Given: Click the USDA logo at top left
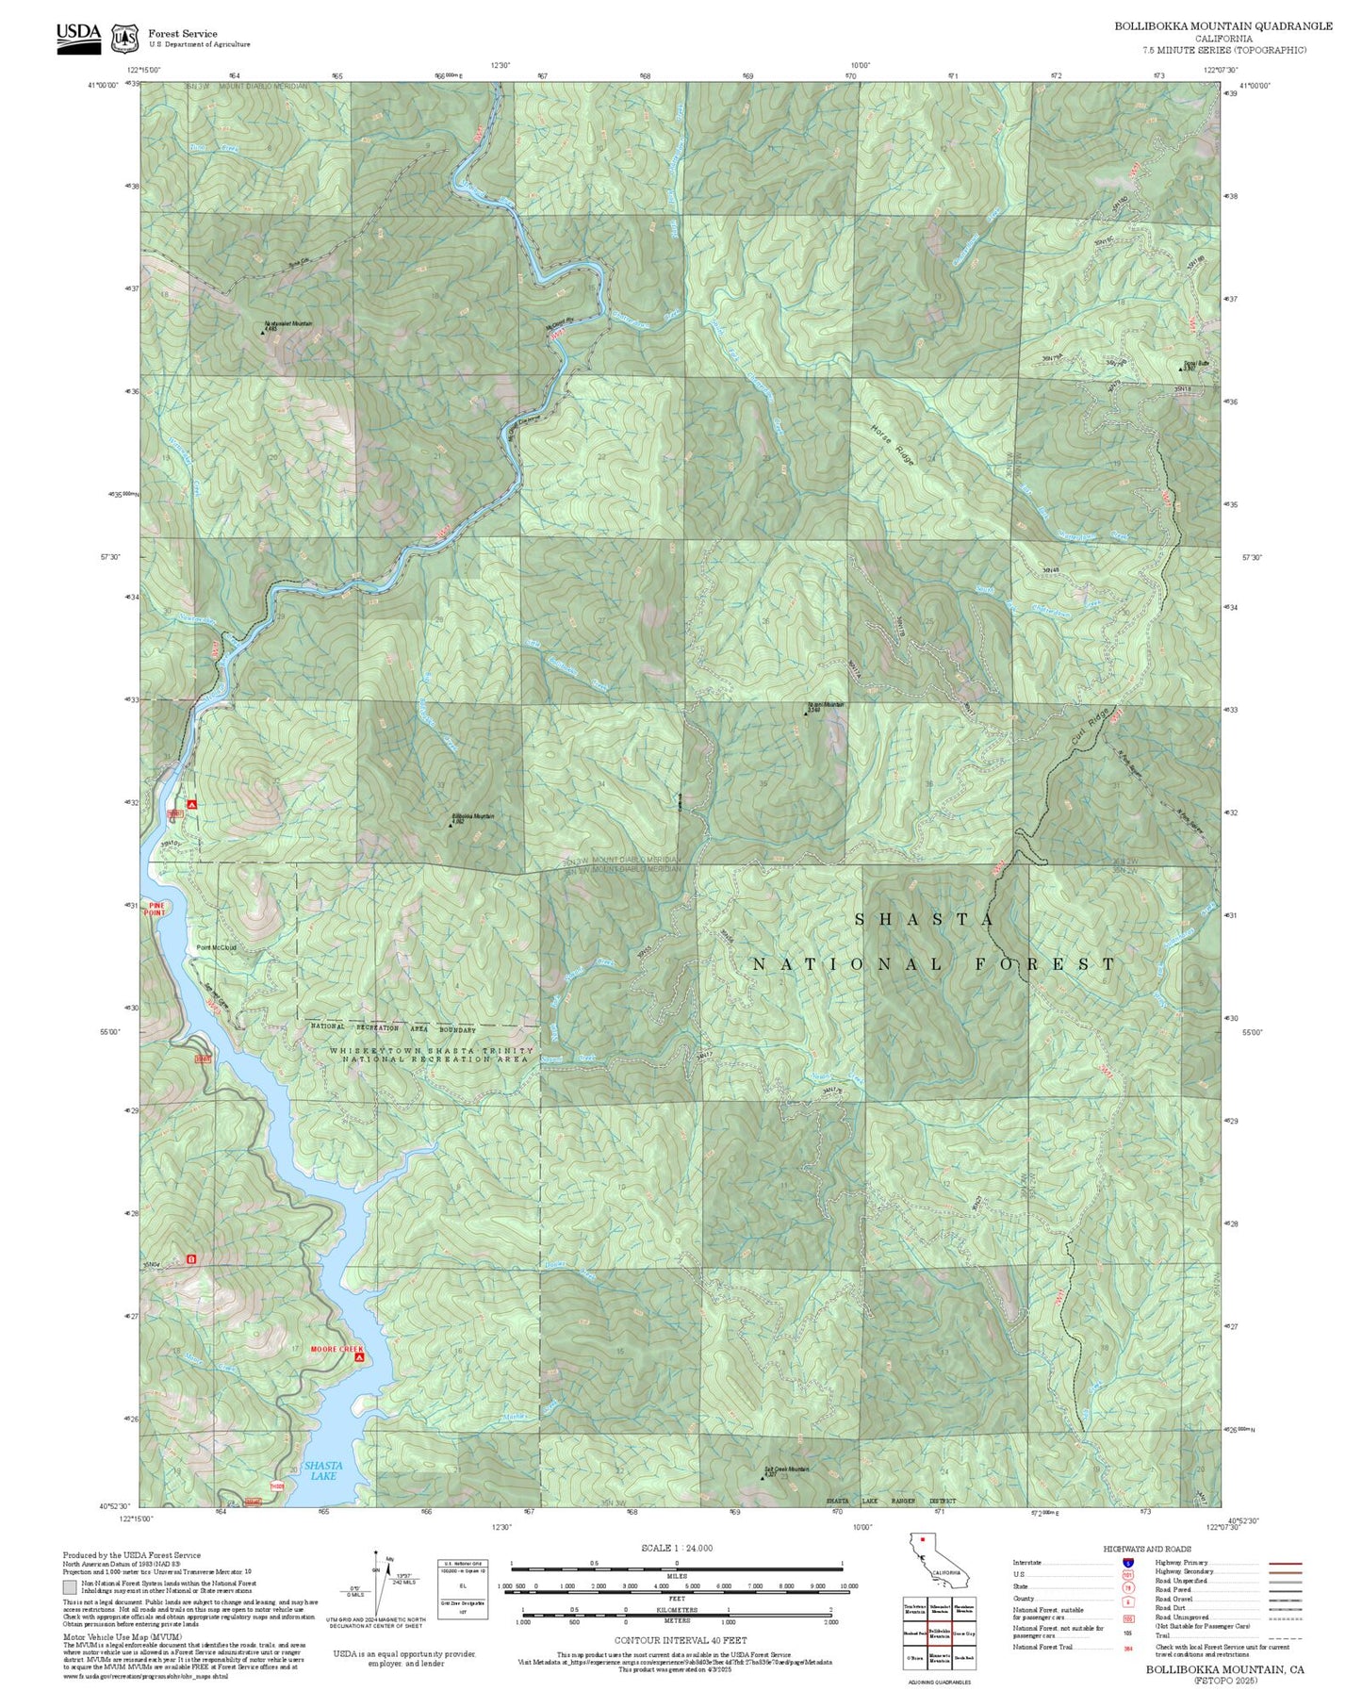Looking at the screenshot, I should click(78, 38).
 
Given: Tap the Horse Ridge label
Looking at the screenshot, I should click(892, 442).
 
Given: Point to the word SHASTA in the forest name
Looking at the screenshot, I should click(924, 919).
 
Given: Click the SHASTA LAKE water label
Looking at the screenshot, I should click(323, 1470).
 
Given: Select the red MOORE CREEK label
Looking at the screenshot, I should click(336, 1349).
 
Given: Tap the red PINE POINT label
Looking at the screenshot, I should click(155, 909).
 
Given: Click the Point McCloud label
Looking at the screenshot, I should click(216, 948).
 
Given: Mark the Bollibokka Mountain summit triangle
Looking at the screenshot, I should click(450, 825).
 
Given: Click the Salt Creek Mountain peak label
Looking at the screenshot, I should click(785, 1469).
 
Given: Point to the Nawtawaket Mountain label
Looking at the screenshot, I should click(287, 323).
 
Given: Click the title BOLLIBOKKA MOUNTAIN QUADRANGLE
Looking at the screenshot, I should click(1223, 26).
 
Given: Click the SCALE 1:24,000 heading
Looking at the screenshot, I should click(677, 1548).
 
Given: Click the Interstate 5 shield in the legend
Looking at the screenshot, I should click(1126, 1563).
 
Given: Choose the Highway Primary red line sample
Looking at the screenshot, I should click(1285, 1563).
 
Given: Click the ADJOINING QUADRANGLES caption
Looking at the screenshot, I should click(938, 1682).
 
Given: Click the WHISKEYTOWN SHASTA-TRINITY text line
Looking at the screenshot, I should click(431, 1050).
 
